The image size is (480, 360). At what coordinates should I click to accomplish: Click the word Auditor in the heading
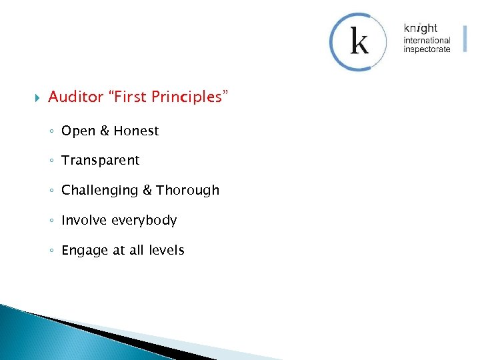click(x=76, y=97)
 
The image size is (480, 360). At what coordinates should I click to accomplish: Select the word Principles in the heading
click(x=189, y=97)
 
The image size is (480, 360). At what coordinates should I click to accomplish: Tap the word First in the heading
click(x=131, y=97)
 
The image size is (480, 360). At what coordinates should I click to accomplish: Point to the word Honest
click(x=136, y=131)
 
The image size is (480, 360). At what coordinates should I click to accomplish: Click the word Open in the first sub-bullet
click(x=78, y=131)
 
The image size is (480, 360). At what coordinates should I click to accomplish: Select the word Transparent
click(x=101, y=161)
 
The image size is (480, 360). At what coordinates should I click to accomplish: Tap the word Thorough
click(x=188, y=190)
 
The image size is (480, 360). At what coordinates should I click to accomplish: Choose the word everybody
click(x=143, y=221)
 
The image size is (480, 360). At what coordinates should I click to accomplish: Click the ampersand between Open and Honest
click(x=104, y=131)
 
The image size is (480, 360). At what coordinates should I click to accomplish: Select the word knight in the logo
click(x=421, y=29)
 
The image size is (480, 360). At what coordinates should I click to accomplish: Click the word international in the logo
click(x=427, y=41)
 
